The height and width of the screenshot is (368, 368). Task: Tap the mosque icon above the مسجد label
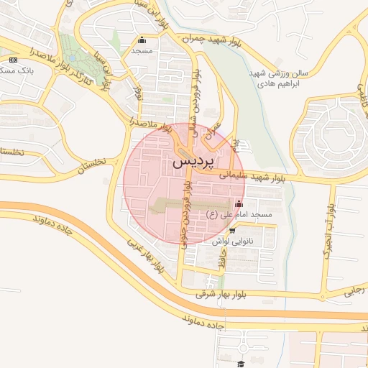142,40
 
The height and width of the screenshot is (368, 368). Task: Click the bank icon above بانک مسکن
14,59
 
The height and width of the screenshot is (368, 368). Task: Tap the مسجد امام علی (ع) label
239,215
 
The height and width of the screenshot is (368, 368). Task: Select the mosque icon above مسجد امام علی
239,203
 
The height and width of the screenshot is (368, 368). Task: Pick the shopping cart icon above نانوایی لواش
234,231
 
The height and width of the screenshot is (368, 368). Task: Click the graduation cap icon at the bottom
241,364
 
